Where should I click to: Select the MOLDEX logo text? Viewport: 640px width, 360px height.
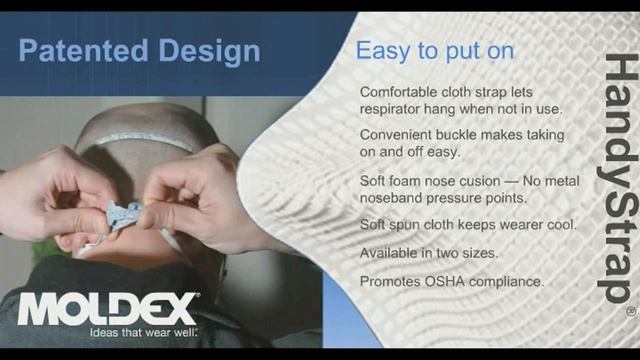pyautogui.click(x=105, y=309)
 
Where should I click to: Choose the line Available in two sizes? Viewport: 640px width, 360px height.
pyautogui.click(x=428, y=253)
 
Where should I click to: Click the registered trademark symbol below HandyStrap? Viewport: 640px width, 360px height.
pyautogui.click(x=631, y=312)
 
